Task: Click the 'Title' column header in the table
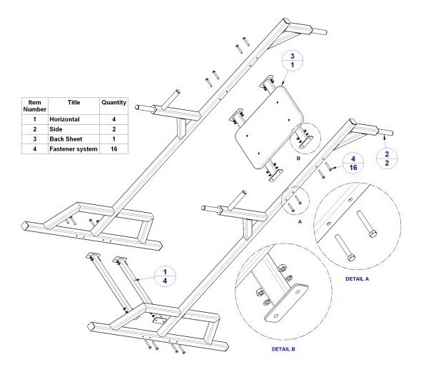[73, 102]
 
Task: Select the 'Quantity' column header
[114, 102]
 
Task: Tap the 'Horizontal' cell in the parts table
[64, 119]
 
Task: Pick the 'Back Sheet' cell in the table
[66, 139]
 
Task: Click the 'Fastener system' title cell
[73, 149]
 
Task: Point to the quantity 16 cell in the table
[114, 149]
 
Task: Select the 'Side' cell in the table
[56, 129]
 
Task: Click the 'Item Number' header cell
[35, 106]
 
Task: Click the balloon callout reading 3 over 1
[293, 61]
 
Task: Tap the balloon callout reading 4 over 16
[353, 164]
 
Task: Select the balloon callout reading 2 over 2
[387, 159]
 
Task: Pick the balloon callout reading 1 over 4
[165, 276]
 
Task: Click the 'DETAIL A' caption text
[357, 279]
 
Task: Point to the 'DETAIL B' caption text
[283, 349]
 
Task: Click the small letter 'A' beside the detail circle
[300, 221]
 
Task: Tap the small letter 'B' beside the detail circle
[298, 159]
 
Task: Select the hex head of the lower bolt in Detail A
[351, 258]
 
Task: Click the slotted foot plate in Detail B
[286, 302]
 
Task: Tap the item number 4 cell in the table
[35, 149]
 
